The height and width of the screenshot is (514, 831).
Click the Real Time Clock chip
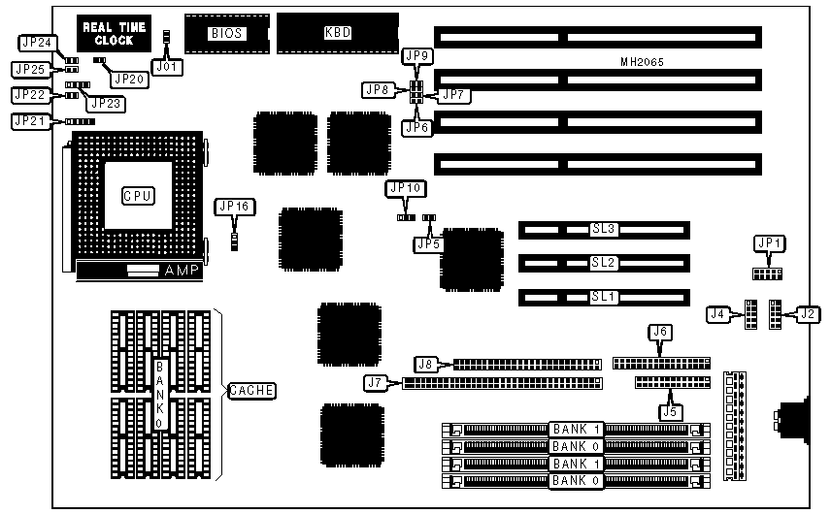(115, 34)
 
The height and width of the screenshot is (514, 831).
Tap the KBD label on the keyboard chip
(337, 33)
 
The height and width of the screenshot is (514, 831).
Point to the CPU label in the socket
(138, 196)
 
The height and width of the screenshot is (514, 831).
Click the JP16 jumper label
(233, 207)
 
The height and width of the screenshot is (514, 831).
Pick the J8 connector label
(425, 365)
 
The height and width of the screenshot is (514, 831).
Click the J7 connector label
(375, 383)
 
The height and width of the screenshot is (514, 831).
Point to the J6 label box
(660, 332)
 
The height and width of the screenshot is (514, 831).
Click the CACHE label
(251, 391)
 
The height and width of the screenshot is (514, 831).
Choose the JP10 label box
(404, 188)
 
